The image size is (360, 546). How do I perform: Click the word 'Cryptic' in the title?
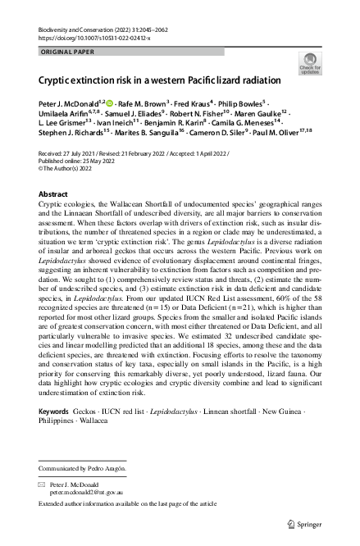coord(57,83)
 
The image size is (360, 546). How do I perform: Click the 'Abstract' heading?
coord(54,193)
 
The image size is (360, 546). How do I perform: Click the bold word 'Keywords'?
coord(53,410)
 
